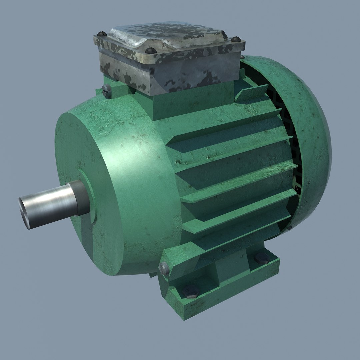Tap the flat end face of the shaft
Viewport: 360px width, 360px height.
coord(25,213)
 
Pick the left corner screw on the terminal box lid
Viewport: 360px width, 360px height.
coord(102,34)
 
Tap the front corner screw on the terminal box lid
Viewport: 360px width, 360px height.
coord(151,51)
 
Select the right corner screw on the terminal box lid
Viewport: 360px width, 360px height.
coord(236,39)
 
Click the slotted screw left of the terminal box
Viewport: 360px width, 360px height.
coord(107,91)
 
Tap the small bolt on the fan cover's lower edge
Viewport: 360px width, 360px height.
coord(289,228)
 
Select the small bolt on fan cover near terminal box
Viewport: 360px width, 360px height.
coord(242,57)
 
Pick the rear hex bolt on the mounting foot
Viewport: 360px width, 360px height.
coord(262,258)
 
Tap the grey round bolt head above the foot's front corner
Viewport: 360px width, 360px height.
coord(164,268)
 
